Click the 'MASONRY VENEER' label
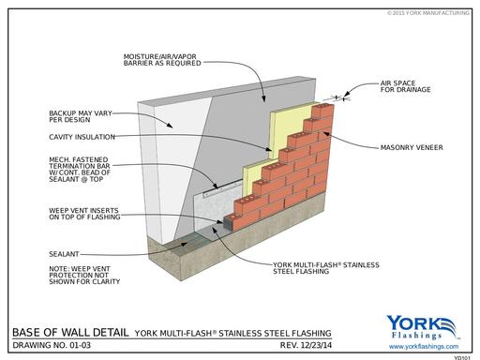tap(412, 147)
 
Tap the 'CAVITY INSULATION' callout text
tap(82, 137)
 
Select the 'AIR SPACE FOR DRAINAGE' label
tap(405, 86)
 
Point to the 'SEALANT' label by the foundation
tap(64, 254)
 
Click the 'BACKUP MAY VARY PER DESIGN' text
tap(81, 116)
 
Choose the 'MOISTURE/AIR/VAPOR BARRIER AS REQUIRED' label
tap(162, 60)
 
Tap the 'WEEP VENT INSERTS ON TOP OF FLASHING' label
tap(84, 214)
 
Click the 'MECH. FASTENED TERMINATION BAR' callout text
tap(80, 169)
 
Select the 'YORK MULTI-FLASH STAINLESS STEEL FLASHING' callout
tap(326, 268)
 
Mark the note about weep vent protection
tap(84, 276)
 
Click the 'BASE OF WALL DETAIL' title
tap(70, 332)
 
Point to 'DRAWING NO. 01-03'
tap(52, 345)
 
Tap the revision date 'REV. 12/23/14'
tap(306, 345)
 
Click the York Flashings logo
tap(423, 327)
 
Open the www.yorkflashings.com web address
tap(424, 347)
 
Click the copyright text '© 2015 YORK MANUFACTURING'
tap(428, 13)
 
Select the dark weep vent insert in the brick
tap(229, 223)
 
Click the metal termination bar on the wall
tap(222, 188)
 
